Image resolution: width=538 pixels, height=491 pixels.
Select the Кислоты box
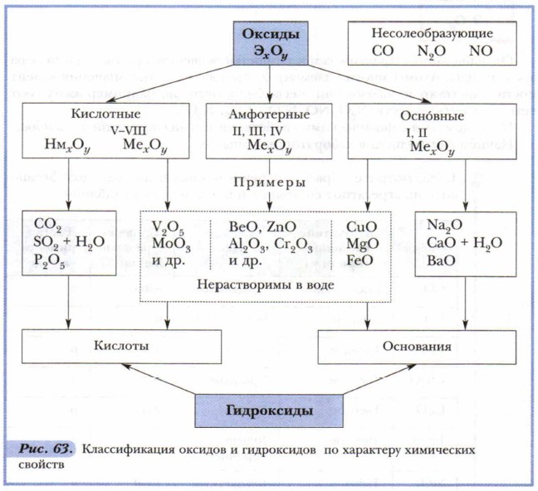tap(121, 347)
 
